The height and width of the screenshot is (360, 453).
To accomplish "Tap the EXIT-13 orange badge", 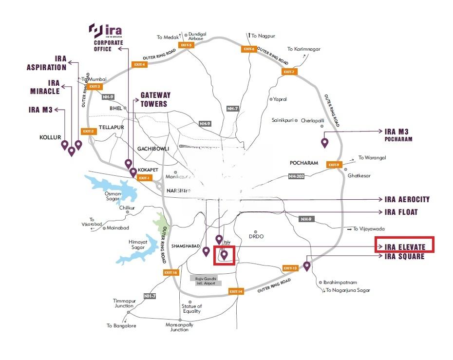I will tap(290, 268).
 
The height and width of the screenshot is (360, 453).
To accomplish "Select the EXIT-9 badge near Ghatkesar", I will tap(334, 165).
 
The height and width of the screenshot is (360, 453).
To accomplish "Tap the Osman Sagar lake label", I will tap(113, 196).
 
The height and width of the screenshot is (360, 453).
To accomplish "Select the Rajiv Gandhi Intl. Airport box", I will tap(206, 281).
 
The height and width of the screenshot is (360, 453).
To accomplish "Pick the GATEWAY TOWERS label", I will tap(155, 99).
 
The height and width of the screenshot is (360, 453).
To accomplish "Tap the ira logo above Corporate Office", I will tap(104, 31).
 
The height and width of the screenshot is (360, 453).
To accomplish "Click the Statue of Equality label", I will tap(191, 309).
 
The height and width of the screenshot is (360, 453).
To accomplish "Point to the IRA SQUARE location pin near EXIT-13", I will tap(307, 265).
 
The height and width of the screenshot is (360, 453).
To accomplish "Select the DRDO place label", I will tap(256, 236).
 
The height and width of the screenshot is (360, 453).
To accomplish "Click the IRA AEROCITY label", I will tap(407, 200).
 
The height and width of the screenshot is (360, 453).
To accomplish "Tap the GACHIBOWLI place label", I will tap(153, 148).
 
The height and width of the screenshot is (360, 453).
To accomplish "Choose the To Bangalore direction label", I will tap(121, 325).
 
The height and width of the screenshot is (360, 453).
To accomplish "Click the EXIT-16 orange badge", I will tap(171, 272).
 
